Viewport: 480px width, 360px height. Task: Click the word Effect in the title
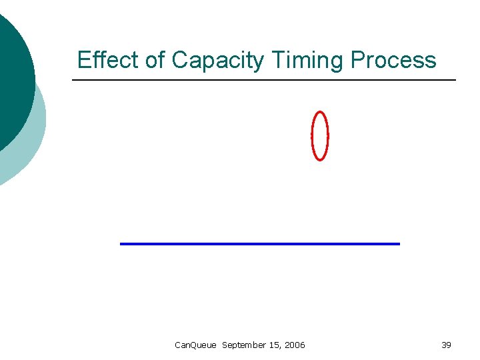tap(108, 60)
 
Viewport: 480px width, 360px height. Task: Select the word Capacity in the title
tap(218, 61)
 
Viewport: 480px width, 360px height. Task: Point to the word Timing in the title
tap(307, 61)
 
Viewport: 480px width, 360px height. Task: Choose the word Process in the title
tap(393, 60)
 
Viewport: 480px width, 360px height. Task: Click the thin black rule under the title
tap(264, 81)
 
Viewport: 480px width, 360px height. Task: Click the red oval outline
tap(313, 136)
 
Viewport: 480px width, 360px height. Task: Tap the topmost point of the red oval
tap(321, 112)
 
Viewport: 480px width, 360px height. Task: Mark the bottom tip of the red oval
tap(321, 160)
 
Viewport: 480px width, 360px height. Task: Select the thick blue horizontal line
tap(260, 244)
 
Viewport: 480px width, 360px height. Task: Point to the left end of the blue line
tap(121, 244)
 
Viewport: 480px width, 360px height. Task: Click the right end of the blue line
tap(398, 244)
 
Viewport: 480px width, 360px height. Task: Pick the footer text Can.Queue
tap(195, 345)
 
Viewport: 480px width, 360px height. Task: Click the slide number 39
tap(446, 345)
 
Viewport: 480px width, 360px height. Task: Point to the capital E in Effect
tap(83, 60)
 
